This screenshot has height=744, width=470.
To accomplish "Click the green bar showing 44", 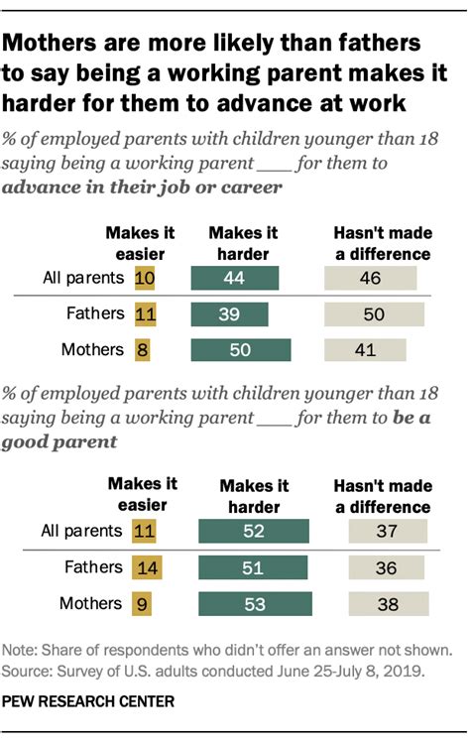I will (x=236, y=279).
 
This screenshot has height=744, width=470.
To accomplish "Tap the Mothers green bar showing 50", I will (x=242, y=350).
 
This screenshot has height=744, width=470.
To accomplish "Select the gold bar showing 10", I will (x=145, y=279).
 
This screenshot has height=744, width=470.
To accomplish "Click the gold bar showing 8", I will (x=144, y=350).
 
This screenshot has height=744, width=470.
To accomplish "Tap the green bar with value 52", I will (x=254, y=532).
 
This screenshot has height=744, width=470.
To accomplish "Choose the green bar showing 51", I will (x=253, y=567).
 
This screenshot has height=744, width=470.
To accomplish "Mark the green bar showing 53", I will (x=255, y=603).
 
